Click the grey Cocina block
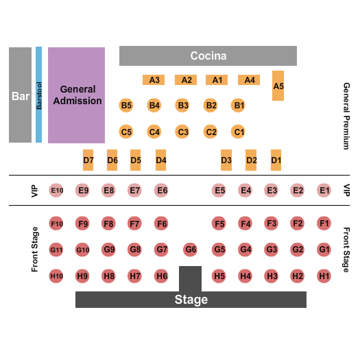click(208, 56)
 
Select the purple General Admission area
click(76, 95)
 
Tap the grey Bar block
click(20, 95)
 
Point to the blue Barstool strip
click(39, 95)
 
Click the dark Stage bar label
click(191, 300)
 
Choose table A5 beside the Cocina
click(278, 86)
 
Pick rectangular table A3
click(154, 80)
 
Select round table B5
click(126, 106)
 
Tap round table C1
click(239, 132)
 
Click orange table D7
click(88, 160)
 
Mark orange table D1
click(276, 160)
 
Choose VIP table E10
click(57, 191)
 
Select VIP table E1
click(324, 191)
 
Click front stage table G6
click(191, 250)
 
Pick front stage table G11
click(56, 250)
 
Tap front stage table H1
click(324, 276)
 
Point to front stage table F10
click(57, 224)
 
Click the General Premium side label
click(346, 117)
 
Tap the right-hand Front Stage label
click(346, 250)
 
